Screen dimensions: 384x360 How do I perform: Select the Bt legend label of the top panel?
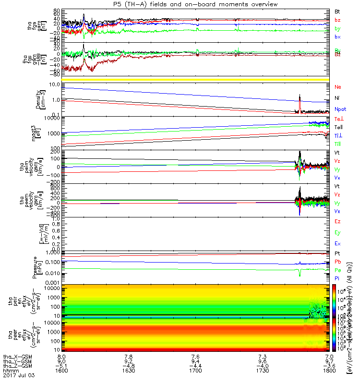337,11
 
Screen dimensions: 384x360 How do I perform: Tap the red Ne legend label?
337,87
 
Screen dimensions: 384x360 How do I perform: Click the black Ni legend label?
337,98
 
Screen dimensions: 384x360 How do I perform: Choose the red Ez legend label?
337,221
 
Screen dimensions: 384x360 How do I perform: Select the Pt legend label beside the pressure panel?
337,253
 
